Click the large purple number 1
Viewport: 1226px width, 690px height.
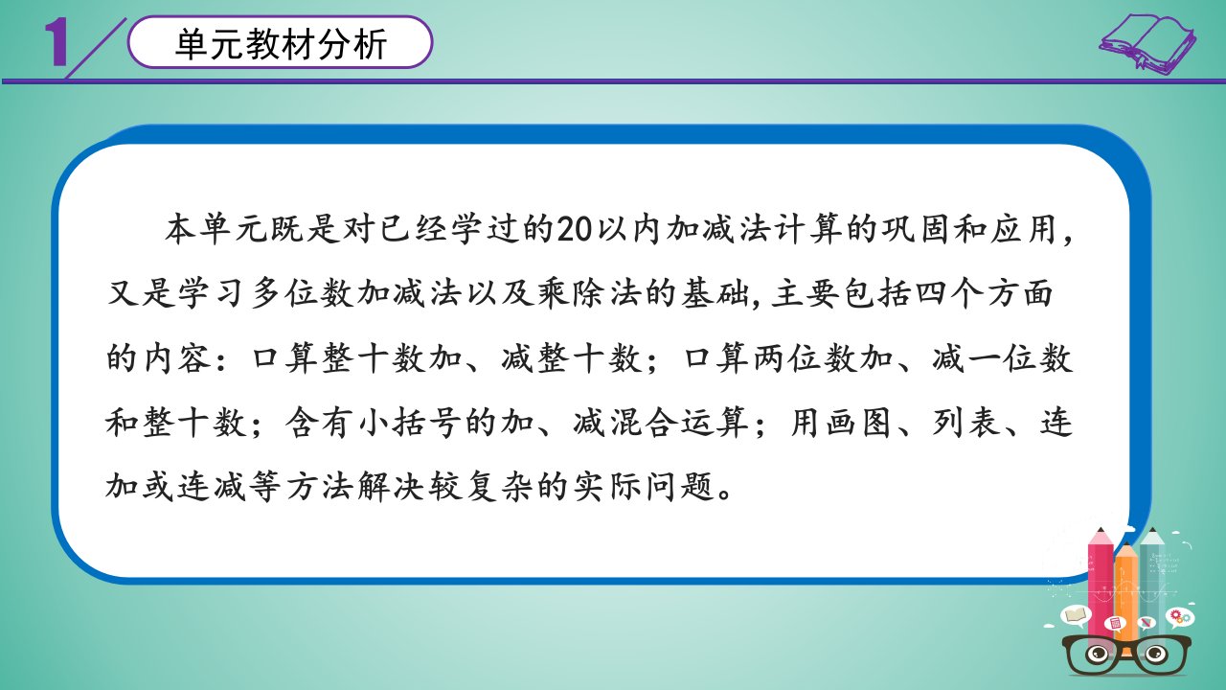57,43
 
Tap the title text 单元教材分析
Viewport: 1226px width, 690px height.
281,43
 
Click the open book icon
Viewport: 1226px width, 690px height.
1147,43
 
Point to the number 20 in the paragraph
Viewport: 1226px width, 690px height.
574,229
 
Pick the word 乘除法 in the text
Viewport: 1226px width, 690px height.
589,293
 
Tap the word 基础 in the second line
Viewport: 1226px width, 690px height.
715,293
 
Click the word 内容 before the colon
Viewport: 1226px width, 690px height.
177,358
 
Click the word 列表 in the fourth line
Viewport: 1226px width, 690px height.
966,423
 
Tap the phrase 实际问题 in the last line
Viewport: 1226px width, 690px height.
643,486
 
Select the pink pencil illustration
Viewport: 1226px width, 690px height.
1101,586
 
